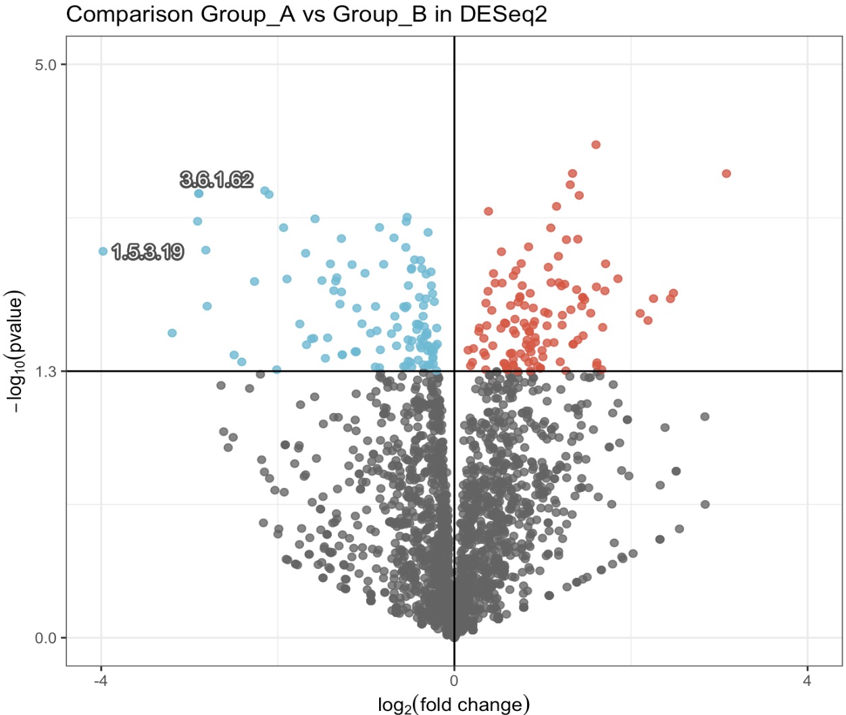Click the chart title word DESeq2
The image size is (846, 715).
point(503,14)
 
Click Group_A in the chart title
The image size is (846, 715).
point(247,14)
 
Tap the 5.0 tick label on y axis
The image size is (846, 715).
point(45,65)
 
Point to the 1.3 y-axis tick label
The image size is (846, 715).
point(45,371)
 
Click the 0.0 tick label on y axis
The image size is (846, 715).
point(45,638)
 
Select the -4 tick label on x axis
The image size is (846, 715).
point(101,681)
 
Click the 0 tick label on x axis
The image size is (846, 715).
point(454,681)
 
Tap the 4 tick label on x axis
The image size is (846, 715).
point(807,681)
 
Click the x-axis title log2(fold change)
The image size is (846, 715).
point(453,704)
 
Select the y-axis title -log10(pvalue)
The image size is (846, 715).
point(15,352)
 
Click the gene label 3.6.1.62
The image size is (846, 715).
point(217,179)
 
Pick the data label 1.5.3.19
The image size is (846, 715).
point(147,252)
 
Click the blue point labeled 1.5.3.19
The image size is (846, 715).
point(103,251)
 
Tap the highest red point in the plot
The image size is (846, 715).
point(596,145)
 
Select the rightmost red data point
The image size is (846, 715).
point(726,174)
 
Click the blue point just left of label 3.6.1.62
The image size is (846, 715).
point(199,193)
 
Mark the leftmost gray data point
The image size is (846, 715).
point(221,385)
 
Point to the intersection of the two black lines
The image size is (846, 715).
point(454,371)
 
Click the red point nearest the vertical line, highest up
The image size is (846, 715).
point(489,212)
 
